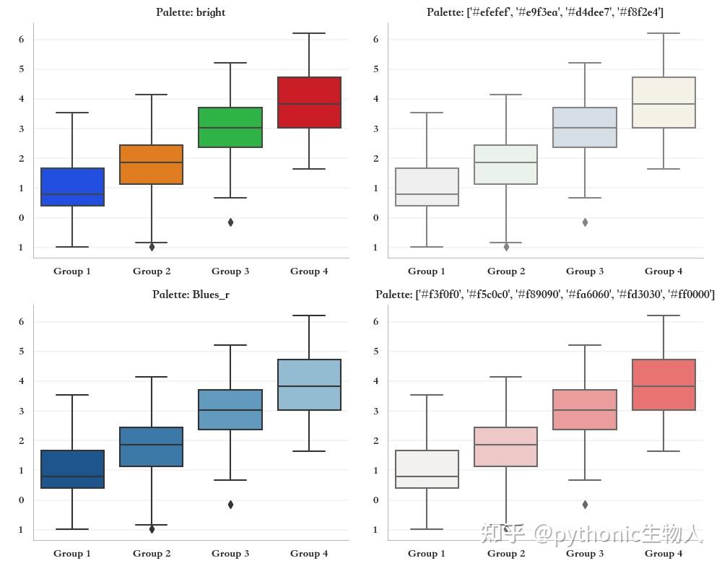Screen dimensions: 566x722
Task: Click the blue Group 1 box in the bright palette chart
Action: coord(72,186)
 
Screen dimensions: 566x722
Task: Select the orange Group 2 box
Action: coord(152,165)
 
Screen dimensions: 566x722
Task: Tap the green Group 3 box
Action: coord(230,127)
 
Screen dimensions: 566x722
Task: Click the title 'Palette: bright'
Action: coord(191,12)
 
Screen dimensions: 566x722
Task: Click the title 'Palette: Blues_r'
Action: coord(191,295)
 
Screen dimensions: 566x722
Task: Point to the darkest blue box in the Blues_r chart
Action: coord(72,469)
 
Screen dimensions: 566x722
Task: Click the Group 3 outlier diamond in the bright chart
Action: coord(230,222)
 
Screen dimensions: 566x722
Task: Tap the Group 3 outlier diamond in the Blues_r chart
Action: coord(230,505)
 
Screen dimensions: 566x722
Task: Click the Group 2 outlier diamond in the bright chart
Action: coord(152,247)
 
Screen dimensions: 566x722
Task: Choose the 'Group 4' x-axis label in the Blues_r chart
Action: coord(309,553)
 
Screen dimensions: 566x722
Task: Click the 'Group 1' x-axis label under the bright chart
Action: coord(72,271)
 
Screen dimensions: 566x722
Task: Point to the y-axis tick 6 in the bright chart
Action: coord(22,39)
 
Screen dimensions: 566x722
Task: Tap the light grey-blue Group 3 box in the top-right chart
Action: coord(585,127)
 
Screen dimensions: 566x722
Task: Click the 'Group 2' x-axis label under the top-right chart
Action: coord(506,271)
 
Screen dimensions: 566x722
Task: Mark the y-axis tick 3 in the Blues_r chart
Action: coord(22,411)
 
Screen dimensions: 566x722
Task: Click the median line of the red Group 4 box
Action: coord(309,104)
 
